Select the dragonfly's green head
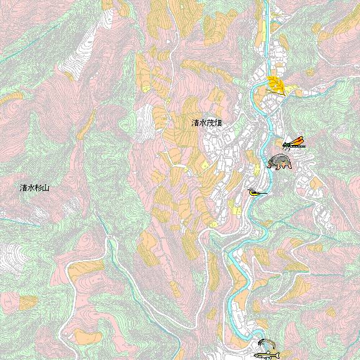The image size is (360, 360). (284, 146)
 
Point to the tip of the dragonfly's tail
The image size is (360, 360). (305, 147)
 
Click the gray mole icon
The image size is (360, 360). (279, 162)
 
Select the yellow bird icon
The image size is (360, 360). (256, 192)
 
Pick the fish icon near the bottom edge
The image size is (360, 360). (267, 356)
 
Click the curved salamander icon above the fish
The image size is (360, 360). (267, 344)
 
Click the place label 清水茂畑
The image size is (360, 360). (207, 124)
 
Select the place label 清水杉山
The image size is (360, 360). (34, 187)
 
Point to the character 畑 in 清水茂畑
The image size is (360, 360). (218, 124)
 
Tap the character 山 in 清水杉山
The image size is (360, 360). (46, 187)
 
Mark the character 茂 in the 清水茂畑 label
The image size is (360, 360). (211, 124)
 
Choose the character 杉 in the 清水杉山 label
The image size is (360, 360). (38, 187)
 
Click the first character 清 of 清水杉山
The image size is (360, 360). (23, 187)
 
